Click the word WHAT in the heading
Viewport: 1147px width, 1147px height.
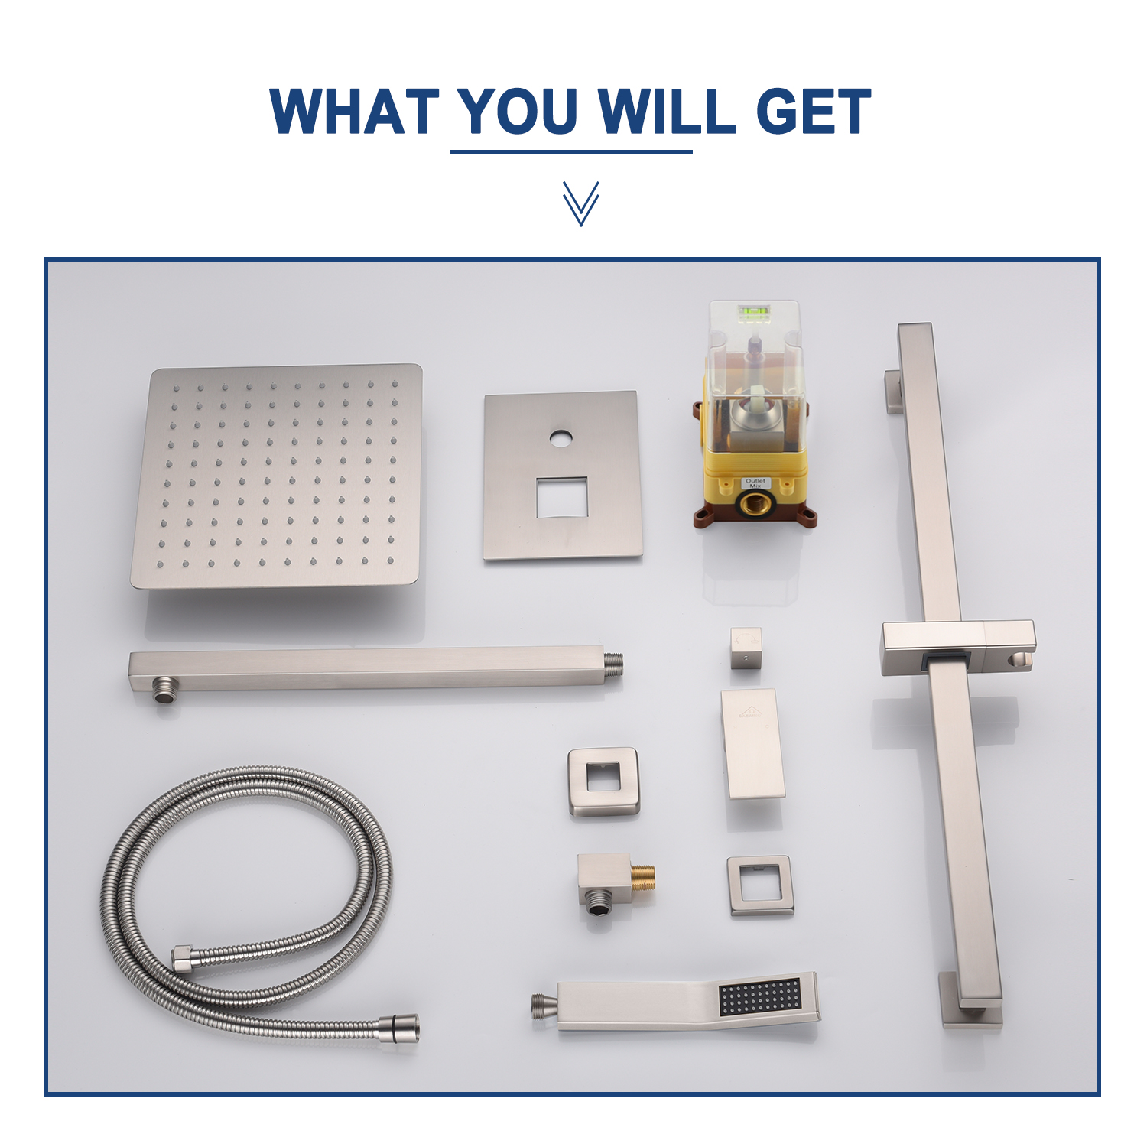tap(354, 112)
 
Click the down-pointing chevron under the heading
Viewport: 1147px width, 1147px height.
tap(580, 203)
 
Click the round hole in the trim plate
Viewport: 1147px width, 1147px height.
tap(561, 439)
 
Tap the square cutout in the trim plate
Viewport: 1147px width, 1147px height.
tap(561, 497)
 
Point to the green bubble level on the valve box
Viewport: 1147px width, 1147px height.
tap(753, 311)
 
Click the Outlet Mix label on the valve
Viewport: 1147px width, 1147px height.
tap(755, 483)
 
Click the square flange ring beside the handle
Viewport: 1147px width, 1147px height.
tap(603, 781)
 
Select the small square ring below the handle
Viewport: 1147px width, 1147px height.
tap(760, 885)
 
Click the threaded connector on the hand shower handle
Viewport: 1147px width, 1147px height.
tap(544, 1006)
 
